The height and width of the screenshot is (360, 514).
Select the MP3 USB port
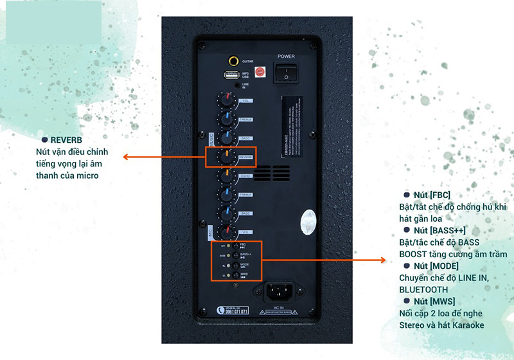(230, 75)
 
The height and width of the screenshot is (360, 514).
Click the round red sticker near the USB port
(260, 72)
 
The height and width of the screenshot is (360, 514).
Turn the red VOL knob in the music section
(227, 101)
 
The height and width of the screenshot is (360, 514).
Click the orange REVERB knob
(227, 157)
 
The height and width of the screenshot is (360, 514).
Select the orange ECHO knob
(227, 175)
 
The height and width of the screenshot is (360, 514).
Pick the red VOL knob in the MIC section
(227, 231)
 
